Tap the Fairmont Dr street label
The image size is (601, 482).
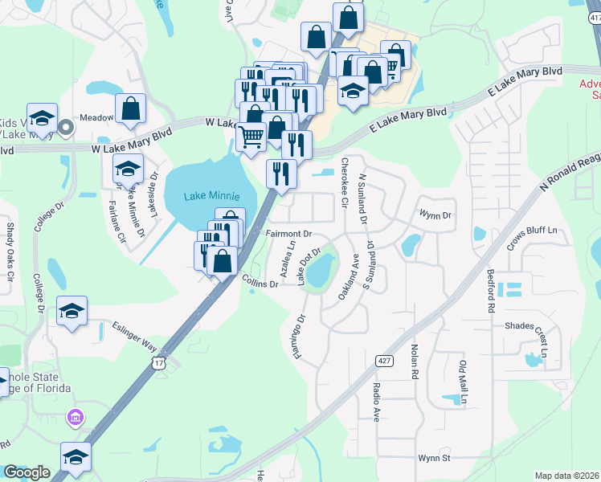(288, 235)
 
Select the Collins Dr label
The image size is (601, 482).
(260, 280)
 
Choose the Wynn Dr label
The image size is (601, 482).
(435, 214)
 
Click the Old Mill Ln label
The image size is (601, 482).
(463, 382)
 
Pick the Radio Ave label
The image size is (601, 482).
(376, 402)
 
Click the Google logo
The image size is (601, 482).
(27, 473)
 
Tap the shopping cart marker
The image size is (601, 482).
(251, 138)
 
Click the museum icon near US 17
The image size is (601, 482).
(76, 418)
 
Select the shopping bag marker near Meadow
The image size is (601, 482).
(130, 108)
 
